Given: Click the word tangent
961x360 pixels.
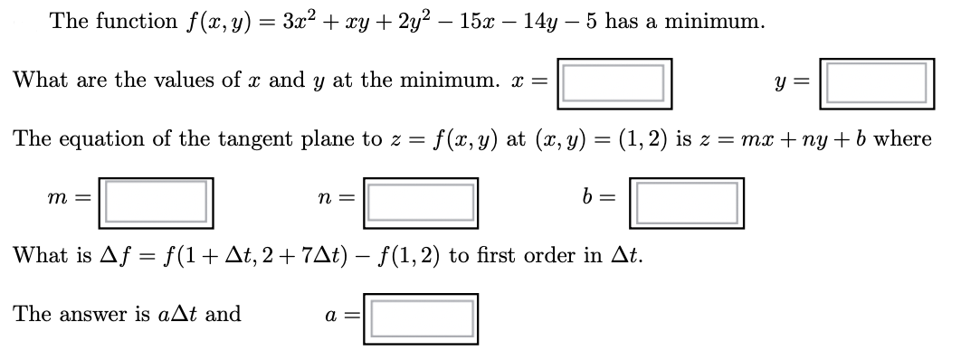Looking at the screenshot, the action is tap(251, 139).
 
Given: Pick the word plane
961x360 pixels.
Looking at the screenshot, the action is tap(325, 139).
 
